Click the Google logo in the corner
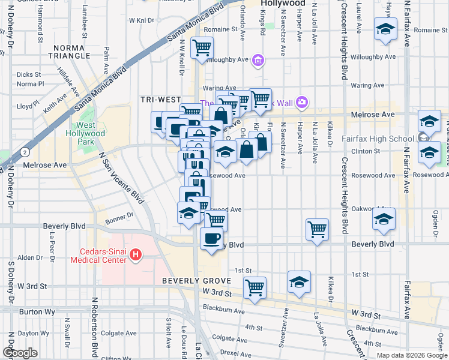point(19,353)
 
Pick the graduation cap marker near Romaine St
point(385,29)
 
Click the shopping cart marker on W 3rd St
point(255,287)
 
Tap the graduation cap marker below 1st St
point(299,282)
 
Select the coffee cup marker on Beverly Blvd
point(211,238)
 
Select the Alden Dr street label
point(29,257)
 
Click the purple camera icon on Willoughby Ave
point(258,60)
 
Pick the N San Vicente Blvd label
point(121,178)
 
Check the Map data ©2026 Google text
point(411,355)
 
